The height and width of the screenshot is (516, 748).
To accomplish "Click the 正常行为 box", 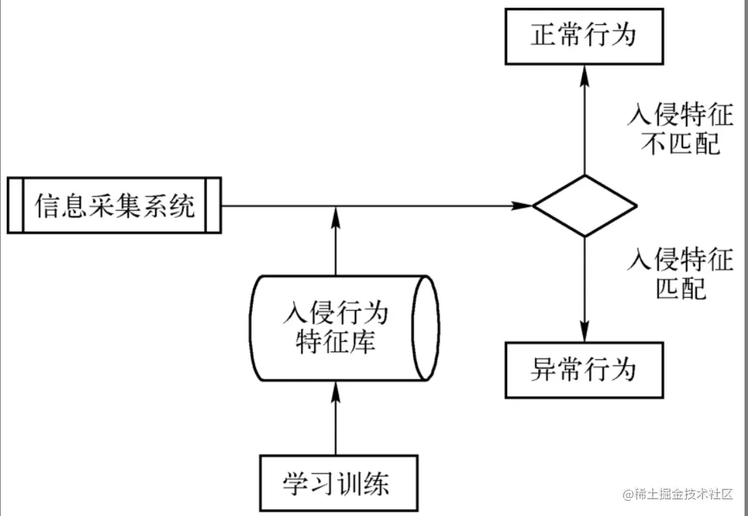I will pos(584,35).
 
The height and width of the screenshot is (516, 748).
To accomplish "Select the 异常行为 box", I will pos(584,370).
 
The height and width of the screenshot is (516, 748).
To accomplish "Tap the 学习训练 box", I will pos(338,482).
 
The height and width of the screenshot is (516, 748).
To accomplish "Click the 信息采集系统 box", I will pos(115,205).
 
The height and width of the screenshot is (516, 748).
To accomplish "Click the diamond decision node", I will pos(584,206).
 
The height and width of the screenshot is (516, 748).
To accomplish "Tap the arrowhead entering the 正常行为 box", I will pos(584,72).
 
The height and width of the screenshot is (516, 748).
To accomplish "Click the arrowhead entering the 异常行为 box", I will pos(584,334).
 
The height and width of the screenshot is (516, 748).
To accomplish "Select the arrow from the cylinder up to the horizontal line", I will pos(336,242).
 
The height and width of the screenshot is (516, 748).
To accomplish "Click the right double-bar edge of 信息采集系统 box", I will pos(213,205).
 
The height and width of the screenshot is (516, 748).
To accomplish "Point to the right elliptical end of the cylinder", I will pos(426,327).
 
